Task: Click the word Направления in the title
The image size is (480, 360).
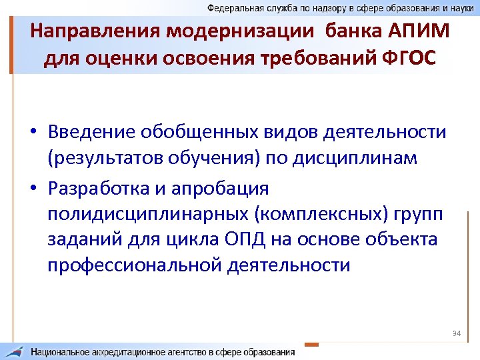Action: click(86, 31)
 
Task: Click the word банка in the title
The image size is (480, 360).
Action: click(343, 31)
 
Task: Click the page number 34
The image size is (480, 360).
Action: click(457, 333)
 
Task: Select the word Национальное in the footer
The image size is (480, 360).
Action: click(66, 351)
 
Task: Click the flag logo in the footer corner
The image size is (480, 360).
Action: click(15, 351)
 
